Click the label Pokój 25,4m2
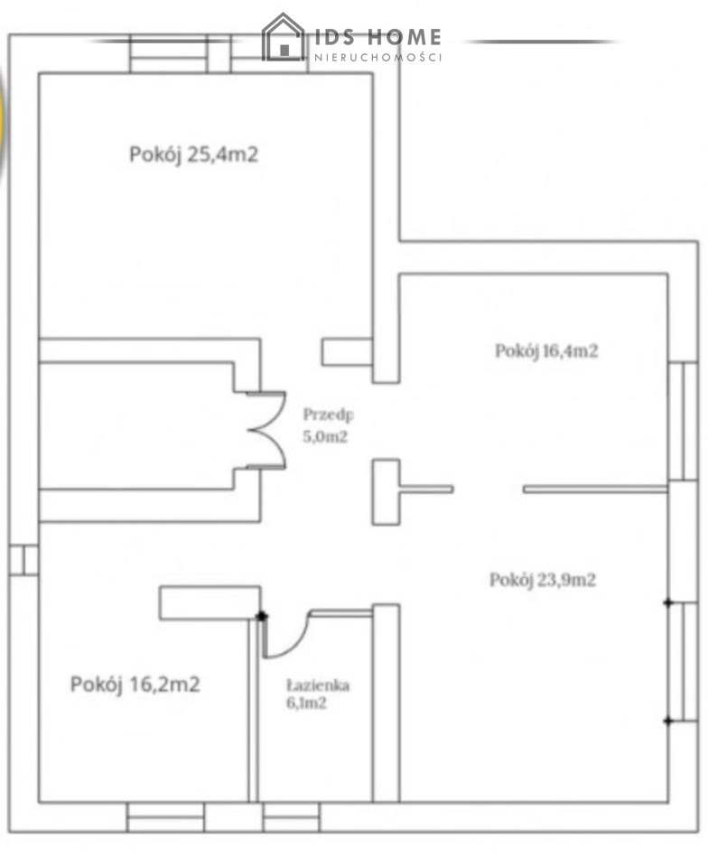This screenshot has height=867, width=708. point(193,154)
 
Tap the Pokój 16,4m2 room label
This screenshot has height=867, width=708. point(546,351)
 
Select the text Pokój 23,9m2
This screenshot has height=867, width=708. point(543,580)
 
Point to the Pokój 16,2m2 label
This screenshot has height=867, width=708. point(135,685)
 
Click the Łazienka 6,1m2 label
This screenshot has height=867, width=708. point(318,694)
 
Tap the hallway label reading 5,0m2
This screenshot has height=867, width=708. point(325,437)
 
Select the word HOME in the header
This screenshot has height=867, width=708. point(404,37)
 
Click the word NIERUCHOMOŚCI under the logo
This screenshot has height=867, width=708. point(378,57)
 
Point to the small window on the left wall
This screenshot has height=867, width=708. point(23,560)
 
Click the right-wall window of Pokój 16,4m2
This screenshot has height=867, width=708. point(683,422)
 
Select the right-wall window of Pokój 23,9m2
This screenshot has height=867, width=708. point(683,662)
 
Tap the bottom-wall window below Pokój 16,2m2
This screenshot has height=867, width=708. point(165,817)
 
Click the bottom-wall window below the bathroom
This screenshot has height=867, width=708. point(292,817)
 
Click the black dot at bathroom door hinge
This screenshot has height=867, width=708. point(261,616)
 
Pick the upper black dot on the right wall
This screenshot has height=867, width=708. point(668,602)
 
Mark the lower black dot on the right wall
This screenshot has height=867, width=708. point(668,721)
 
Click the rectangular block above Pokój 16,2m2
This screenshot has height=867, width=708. point(210,602)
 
